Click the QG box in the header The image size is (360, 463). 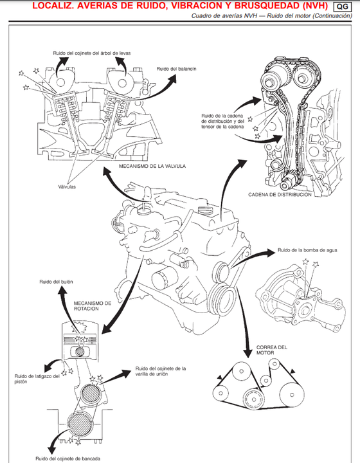tap(342, 6)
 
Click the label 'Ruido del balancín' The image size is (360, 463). tap(176, 69)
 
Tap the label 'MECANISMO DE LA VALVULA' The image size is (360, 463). tap(152, 167)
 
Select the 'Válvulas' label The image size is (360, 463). tap(67, 187)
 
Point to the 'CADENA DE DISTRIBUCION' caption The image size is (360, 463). tap(280, 195)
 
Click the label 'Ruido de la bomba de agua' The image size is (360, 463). tap(307, 250)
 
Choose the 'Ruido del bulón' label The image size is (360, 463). tap(56, 282)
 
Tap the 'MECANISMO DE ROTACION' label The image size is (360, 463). tap(93, 306)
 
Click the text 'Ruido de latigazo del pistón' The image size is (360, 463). tap(37, 379)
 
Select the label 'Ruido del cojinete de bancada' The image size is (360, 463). tap(68, 458)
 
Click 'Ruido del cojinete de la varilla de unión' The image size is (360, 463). tap(161, 371)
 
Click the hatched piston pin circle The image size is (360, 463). tap(80, 352)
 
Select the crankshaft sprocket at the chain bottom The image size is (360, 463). tap(287, 183)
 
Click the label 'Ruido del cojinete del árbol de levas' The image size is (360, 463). tap(92, 53)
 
